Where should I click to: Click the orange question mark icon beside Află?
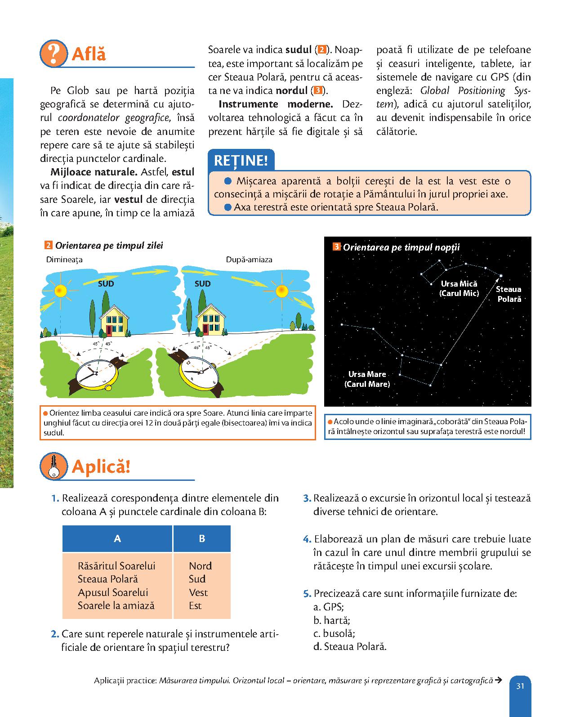tap(53, 54)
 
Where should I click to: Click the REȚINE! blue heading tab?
tap(241, 161)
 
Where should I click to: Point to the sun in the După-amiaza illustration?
tap(282, 291)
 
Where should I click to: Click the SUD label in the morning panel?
tap(106, 284)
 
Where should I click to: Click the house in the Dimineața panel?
tap(115, 319)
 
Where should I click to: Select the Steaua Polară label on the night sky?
tap(509, 294)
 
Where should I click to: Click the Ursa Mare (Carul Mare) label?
tap(367, 379)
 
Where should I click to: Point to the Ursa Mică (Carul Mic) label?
tap(459, 288)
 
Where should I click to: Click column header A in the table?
tap(117, 538)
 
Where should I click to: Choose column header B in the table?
tap(202, 538)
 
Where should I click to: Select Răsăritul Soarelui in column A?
tap(116, 565)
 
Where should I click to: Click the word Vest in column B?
tap(198, 592)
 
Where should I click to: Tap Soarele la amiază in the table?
tap(116, 605)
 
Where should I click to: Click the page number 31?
tap(521, 686)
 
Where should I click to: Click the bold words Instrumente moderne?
tap(276, 104)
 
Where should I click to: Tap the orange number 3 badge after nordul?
tap(317, 90)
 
